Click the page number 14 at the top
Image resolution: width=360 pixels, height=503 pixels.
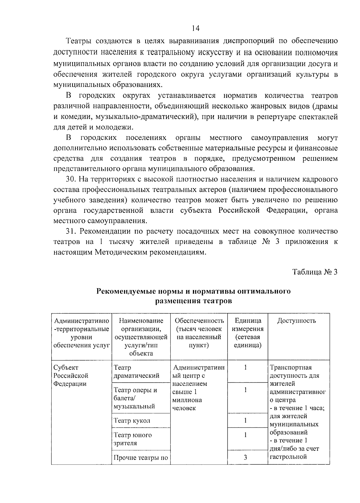click(195, 28)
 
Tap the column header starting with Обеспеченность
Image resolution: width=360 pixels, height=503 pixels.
click(199, 333)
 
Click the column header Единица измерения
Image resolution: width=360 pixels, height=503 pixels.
click(247, 333)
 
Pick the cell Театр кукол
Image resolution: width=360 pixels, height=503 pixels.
click(132, 420)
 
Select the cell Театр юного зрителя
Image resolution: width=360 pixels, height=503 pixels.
click(133, 439)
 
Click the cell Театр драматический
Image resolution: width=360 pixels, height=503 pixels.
click(136, 372)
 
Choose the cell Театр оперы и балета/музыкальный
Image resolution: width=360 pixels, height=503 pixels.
click(135, 398)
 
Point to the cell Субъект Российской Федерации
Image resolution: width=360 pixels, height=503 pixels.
click(70, 375)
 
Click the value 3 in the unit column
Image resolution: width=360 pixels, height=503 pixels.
click(245, 457)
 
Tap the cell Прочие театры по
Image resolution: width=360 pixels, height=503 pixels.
click(141, 458)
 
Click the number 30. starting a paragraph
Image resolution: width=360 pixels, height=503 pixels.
click(71, 179)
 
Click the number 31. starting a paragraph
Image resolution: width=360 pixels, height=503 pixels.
click(71, 231)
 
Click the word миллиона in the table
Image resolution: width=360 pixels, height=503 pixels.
click(187, 400)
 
